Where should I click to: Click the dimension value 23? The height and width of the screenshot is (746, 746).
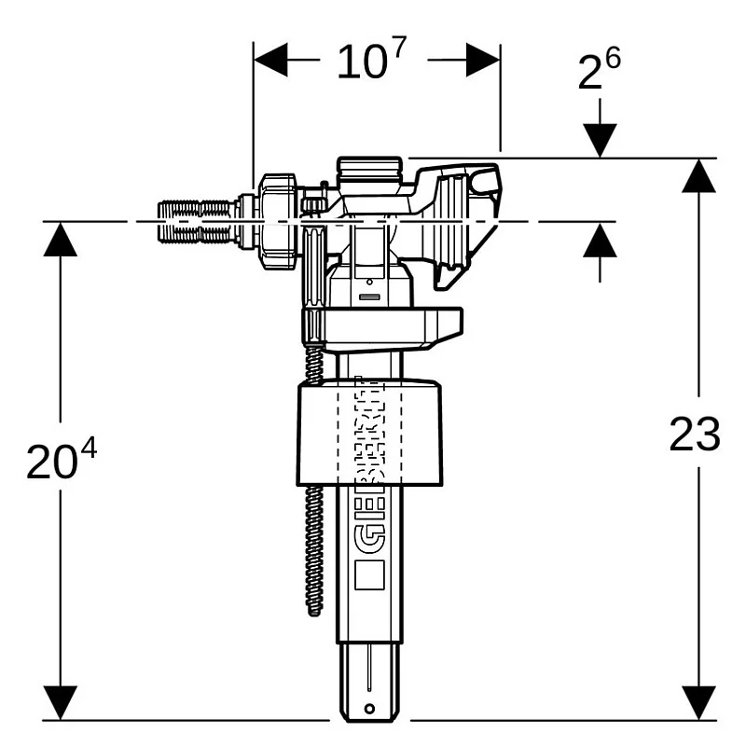click(695, 435)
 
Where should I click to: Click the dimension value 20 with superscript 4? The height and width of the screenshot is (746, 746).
click(60, 461)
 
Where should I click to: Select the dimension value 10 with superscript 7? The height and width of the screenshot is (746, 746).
click(370, 64)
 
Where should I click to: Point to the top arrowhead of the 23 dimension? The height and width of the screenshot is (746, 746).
click(698, 175)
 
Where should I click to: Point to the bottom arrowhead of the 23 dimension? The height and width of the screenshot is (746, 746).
click(698, 702)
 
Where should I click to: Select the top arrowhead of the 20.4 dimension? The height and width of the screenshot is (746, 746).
click(61, 239)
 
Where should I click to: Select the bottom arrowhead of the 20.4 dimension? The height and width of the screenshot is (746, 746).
click(61, 702)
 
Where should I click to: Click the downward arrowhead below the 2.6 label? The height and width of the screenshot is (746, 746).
click(601, 140)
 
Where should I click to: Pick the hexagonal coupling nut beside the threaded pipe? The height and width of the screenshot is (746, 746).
click(277, 222)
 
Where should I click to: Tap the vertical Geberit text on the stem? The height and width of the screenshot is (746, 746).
click(369, 466)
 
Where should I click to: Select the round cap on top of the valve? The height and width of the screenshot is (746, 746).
click(370, 170)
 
